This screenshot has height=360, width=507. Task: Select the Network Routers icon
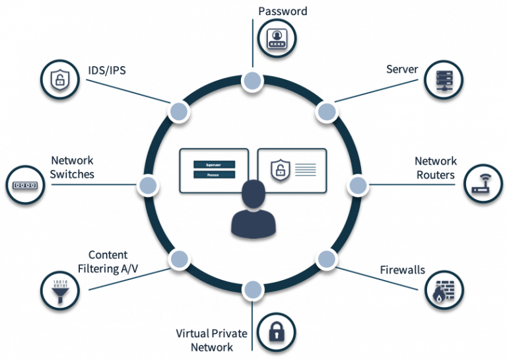(485, 184)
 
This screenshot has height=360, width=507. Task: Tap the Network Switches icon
(26, 184)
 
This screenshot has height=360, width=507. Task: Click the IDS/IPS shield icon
(61, 80)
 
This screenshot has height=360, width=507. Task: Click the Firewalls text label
(402, 270)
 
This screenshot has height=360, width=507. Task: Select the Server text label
(402, 69)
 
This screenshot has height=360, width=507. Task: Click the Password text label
(283, 11)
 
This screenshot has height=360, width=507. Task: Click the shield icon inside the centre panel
(279, 170)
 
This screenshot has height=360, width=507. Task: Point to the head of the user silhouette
(253, 194)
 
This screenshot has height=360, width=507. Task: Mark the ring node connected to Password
(252, 81)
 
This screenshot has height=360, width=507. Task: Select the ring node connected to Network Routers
(357, 184)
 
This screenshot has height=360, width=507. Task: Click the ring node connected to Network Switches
(148, 184)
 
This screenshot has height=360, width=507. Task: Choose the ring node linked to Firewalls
(326, 258)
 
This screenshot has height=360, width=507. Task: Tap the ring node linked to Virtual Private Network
(252, 289)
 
